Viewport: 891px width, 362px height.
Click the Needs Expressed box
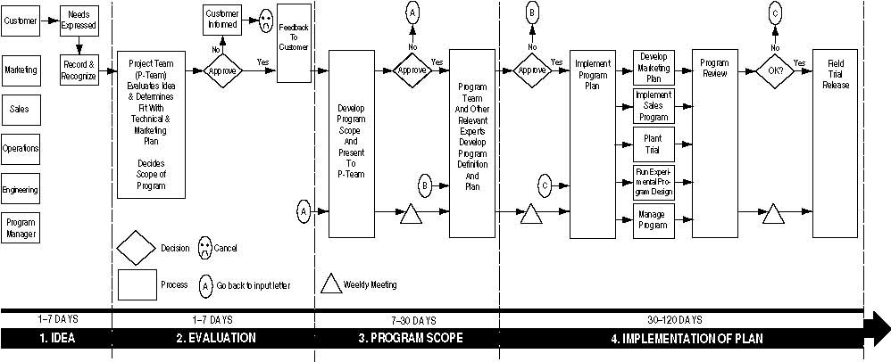coord(79,21)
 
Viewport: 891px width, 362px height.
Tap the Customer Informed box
coord(221,20)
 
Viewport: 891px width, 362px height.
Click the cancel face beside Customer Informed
coord(265,21)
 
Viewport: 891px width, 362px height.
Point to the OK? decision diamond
coord(774,70)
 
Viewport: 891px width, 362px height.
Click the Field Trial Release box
coord(836,144)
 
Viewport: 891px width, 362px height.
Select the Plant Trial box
coord(654,144)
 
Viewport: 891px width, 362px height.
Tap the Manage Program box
coord(654,219)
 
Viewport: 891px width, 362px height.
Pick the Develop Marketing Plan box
coord(654,68)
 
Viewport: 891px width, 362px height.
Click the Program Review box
coord(714,144)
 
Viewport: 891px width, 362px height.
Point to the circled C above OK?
coord(774,13)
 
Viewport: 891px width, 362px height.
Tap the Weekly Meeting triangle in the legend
coord(331,284)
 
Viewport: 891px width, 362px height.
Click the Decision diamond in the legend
coord(137,247)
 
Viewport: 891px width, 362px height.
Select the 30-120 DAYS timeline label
coord(679,319)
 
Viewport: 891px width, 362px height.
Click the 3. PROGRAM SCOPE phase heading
coord(397,339)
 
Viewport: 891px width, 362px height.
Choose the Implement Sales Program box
coord(654,105)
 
